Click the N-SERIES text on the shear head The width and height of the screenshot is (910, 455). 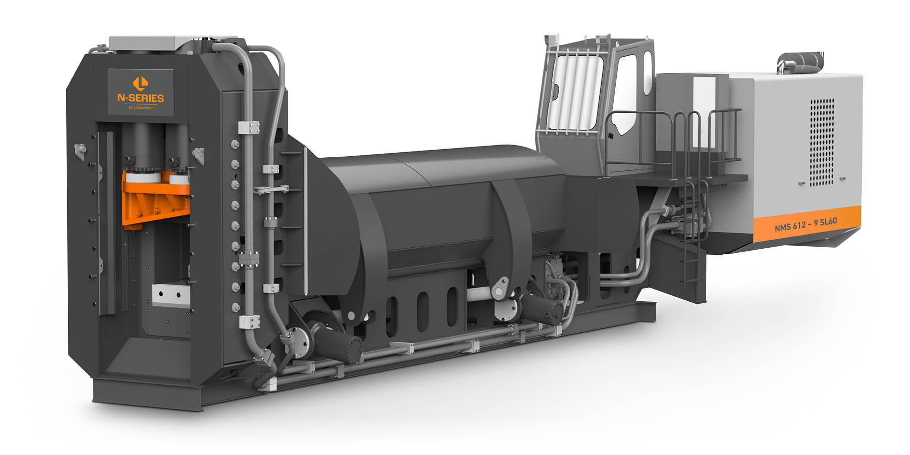coord(141,98)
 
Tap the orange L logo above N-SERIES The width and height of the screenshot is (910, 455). coord(140,83)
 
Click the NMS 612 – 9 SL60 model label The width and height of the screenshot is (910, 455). coord(806,224)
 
